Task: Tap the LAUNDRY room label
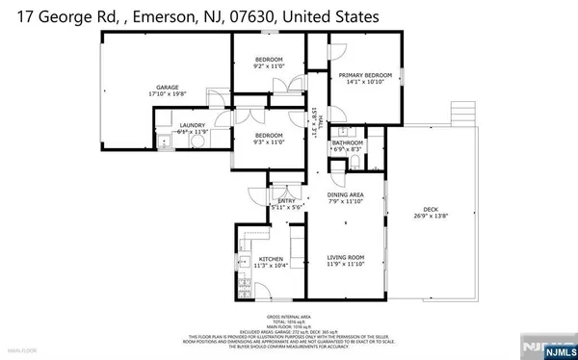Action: click(x=193, y=123)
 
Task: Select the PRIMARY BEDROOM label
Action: click(x=364, y=74)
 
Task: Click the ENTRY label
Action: click(x=286, y=200)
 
